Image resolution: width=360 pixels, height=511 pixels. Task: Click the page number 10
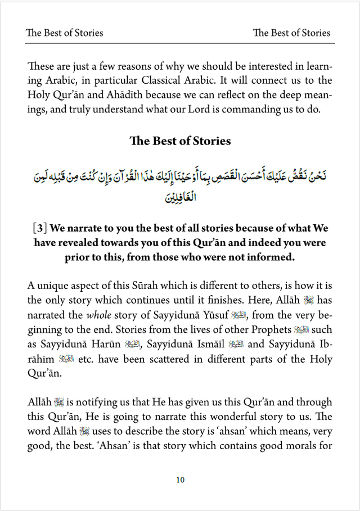point(180,480)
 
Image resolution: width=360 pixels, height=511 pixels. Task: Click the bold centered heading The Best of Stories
point(180,141)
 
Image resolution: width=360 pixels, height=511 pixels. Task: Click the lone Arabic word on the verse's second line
point(180,198)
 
